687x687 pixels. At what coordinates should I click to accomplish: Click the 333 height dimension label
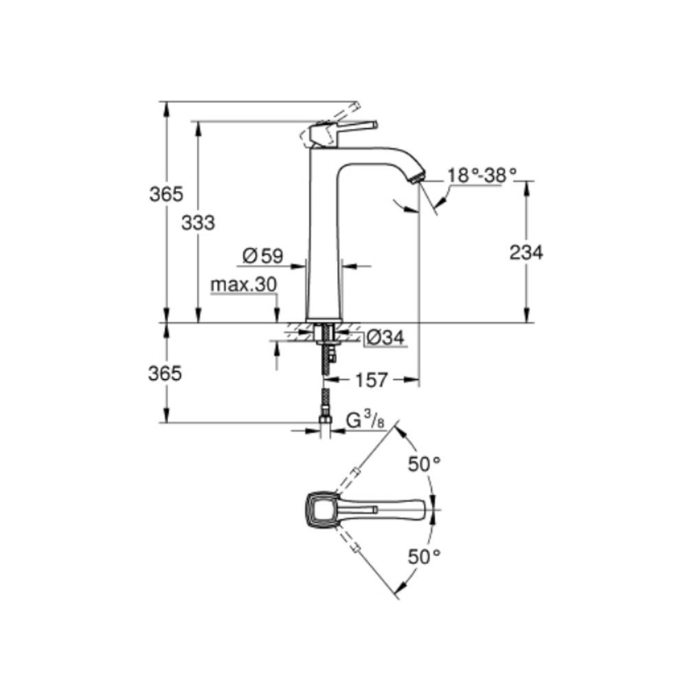point(199,222)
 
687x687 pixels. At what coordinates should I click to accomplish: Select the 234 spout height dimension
point(526,252)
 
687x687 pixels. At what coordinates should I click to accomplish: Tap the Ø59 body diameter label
point(262,256)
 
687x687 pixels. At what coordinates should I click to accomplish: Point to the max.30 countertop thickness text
point(243,284)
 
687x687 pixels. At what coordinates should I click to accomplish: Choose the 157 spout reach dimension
point(372,379)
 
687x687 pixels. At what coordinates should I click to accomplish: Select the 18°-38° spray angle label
point(481,175)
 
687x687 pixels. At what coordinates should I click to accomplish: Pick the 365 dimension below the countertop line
point(166,373)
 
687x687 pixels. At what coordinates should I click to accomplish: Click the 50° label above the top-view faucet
point(423,464)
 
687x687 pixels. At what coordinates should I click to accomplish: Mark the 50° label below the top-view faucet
point(423,556)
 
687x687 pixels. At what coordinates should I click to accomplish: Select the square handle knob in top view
point(321,510)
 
